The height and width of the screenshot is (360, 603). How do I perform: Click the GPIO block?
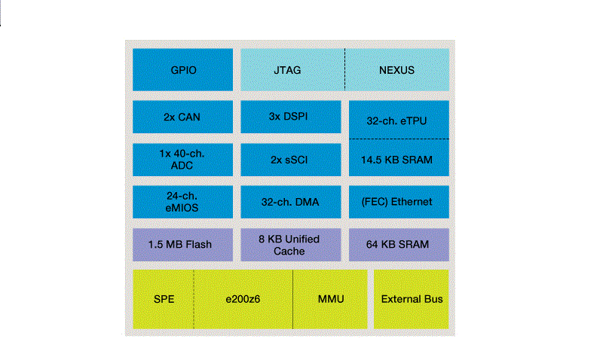[183, 70]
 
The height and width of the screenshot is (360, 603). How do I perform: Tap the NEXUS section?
[396, 70]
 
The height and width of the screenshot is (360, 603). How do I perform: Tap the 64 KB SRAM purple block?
[397, 244]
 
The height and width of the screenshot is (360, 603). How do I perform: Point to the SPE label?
[164, 299]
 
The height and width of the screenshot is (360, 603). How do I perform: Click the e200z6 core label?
[243, 299]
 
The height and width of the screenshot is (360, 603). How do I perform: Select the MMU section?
[330, 299]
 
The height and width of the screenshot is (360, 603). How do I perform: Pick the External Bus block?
[411, 299]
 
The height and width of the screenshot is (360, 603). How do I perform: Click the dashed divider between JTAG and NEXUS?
[345, 70]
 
